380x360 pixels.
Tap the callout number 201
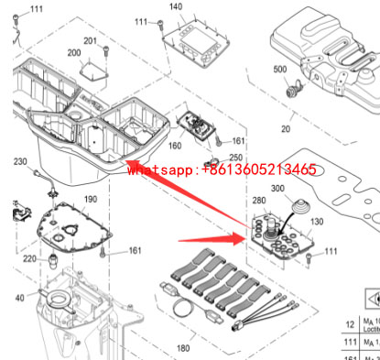pos(90,41)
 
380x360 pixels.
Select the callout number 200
pos(73,53)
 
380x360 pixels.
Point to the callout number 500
pos(279,70)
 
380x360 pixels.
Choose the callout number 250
pos(236,157)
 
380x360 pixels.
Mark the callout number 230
pos(19,162)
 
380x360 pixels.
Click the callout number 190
pos(90,200)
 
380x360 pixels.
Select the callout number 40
pos(19,298)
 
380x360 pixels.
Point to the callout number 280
pos(258,200)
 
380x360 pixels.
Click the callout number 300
pos(279,190)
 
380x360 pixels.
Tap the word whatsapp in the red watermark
pos(161,169)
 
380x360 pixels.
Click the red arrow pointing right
pos(210,242)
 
